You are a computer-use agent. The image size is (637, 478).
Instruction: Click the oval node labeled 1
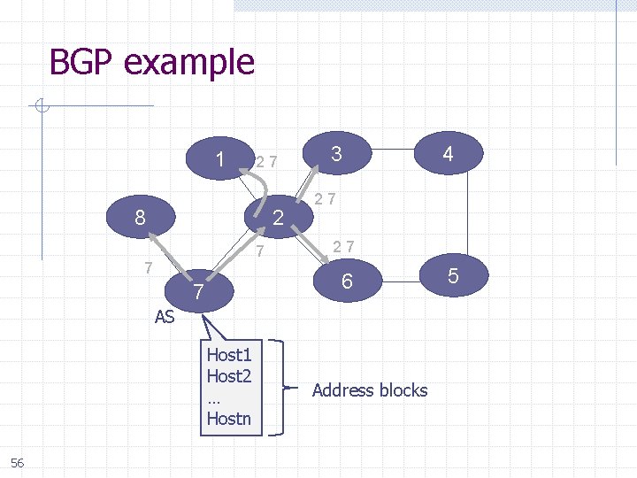(219, 159)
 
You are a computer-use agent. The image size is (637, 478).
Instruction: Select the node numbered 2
(276, 216)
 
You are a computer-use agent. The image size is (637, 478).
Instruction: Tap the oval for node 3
(336, 154)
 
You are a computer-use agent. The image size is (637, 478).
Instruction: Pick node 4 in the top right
(448, 154)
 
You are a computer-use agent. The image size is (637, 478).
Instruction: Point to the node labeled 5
(453, 276)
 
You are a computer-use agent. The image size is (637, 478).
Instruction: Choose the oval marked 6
(348, 281)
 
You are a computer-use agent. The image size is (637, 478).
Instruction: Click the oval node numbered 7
(200, 291)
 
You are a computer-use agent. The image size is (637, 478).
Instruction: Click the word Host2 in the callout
(229, 376)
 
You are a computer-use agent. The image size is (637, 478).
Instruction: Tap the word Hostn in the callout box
(229, 418)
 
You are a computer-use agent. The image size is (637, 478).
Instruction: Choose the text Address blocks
(370, 389)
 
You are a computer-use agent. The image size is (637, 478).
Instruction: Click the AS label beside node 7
(165, 317)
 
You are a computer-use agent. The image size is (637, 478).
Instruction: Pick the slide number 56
(18, 463)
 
